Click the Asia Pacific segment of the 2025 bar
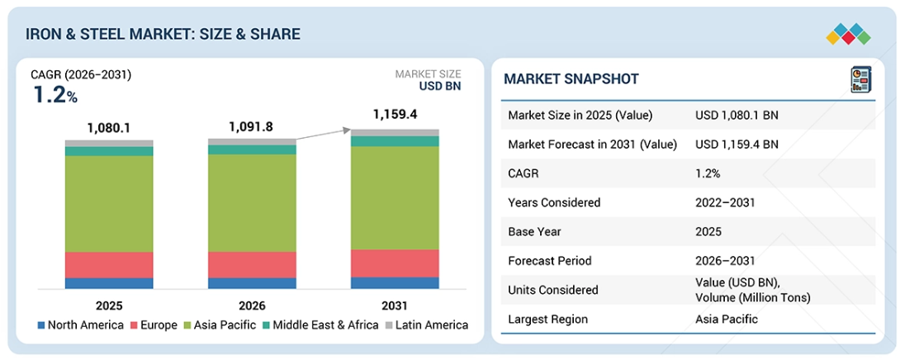tap(109, 204)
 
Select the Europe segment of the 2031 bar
tap(395, 263)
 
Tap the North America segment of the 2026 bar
tap(252, 283)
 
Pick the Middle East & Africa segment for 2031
tap(395, 141)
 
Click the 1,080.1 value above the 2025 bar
tap(109, 127)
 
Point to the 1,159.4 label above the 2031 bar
tap(395, 114)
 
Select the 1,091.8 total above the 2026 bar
tap(251, 126)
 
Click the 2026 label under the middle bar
tap(252, 306)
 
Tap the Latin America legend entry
tap(427, 325)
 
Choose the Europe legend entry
tap(154, 325)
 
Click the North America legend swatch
tap(40, 325)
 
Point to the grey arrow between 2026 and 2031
tap(324, 135)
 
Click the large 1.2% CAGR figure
tap(55, 95)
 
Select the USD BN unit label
tap(440, 86)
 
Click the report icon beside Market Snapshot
tap(860, 79)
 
